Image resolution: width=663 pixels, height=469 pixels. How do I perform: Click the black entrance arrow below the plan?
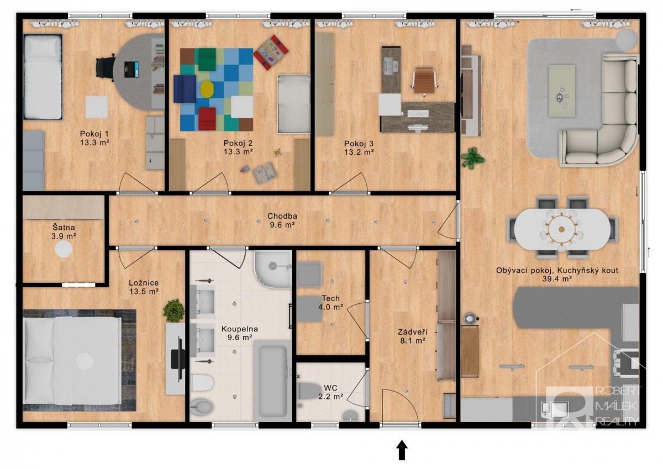click(402, 450)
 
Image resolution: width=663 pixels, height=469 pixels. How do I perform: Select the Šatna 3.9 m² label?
click(64, 231)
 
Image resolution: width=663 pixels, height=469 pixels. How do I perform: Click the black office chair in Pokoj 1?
click(105, 68)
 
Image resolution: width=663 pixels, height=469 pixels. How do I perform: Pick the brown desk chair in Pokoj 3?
click(424, 81)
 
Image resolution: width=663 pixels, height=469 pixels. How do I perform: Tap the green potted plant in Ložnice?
click(173, 310)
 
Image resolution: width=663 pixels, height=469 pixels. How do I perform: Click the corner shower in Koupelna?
click(272, 269)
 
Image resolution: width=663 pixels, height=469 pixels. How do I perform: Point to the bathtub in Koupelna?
click(272, 382)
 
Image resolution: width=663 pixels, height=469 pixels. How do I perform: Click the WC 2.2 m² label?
click(330, 392)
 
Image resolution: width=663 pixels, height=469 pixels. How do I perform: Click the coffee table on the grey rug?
click(562, 91)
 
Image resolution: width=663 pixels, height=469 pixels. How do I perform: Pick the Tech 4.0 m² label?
click(330, 302)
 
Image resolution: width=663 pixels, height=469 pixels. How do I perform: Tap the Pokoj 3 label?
click(359, 144)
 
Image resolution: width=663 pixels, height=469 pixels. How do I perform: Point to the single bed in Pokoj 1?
click(43, 77)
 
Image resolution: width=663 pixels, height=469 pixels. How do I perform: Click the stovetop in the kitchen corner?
click(625, 363)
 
